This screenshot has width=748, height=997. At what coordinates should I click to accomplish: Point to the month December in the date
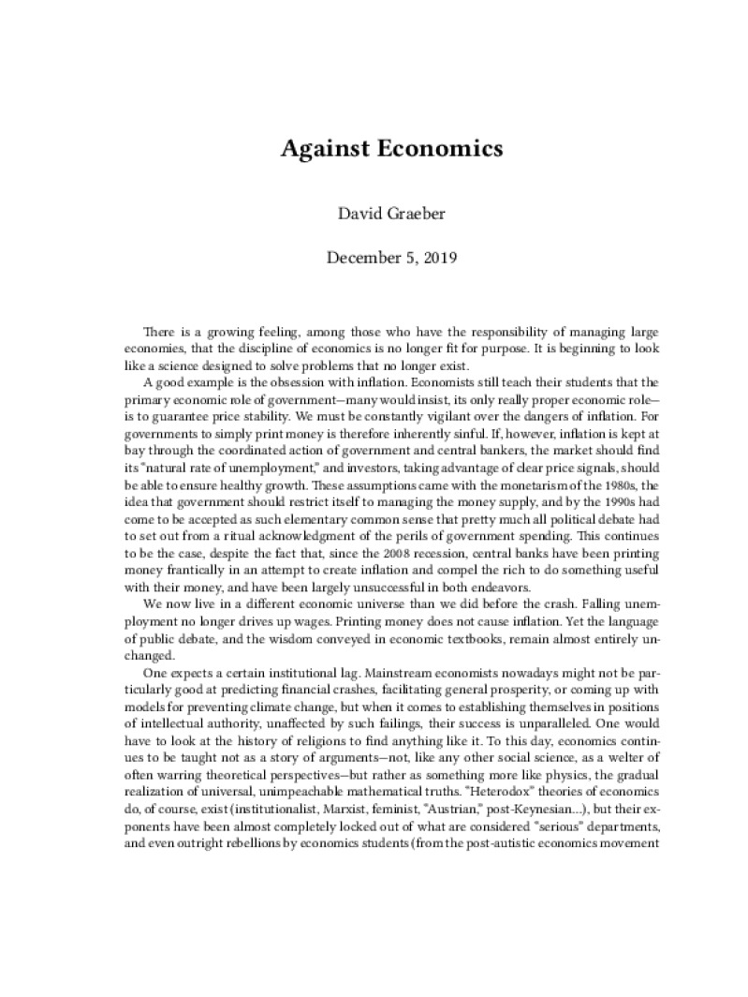[357, 257]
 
